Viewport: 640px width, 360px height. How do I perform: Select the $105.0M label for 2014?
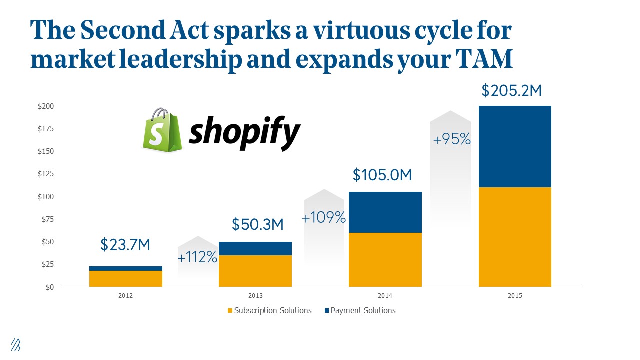point(382,175)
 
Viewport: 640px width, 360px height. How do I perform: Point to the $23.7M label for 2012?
point(125,245)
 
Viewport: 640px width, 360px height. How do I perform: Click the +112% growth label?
point(197,258)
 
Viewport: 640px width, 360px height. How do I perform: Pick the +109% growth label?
point(324,218)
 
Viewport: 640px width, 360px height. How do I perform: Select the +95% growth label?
point(452,140)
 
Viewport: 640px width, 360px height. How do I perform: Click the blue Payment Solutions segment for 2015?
point(515,146)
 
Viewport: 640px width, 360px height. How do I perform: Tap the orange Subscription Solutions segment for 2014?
point(385,260)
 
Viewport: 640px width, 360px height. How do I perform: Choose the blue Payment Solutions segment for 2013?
point(255,248)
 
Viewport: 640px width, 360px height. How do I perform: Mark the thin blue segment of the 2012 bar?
point(126,268)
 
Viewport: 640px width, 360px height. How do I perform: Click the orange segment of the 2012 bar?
point(126,279)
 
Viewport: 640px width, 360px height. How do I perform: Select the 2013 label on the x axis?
point(255,296)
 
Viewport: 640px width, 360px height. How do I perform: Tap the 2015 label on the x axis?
point(515,296)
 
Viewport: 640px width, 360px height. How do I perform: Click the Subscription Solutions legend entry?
point(269,311)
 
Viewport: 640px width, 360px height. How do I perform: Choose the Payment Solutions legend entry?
point(360,311)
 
